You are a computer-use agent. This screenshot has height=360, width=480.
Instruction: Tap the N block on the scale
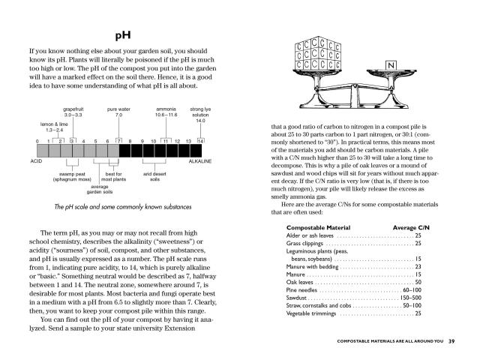(x=390, y=66)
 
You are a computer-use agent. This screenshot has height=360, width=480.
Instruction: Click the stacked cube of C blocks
(x=316, y=55)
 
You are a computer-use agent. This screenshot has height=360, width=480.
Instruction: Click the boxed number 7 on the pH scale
(x=118, y=141)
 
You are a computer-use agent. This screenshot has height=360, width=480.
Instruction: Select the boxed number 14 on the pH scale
(x=200, y=141)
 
